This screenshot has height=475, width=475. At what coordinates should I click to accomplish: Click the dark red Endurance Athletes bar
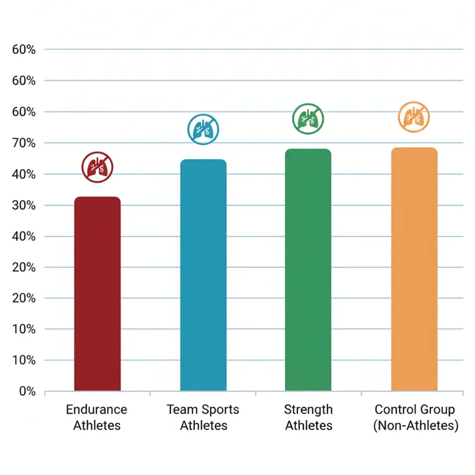coord(97,294)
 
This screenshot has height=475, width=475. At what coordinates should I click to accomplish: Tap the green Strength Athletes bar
coord(308,270)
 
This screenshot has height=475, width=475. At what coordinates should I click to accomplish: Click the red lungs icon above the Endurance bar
coord(97,167)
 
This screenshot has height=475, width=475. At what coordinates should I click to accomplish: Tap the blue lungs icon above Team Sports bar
coord(203,130)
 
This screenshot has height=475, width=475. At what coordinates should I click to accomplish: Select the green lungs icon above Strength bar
coord(309,119)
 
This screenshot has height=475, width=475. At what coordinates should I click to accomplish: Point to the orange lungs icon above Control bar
coord(413,117)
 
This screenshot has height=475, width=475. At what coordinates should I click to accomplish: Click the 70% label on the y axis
coord(24,143)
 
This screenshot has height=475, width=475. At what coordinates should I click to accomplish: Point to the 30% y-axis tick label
coord(24,205)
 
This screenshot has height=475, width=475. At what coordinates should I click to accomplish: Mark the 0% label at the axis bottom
coord(27,391)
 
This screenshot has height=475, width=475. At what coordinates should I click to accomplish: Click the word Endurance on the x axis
coord(97,410)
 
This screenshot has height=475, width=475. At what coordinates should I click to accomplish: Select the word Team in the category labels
coord(180,410)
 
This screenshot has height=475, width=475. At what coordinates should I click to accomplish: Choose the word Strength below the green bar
coord(308,410)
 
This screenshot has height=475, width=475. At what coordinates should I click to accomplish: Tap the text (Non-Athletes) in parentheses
coord(416,426)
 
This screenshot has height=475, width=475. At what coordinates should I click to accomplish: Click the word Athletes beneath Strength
coord(308,426)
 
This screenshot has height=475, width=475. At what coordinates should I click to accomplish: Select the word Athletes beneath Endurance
coord(97,426)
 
